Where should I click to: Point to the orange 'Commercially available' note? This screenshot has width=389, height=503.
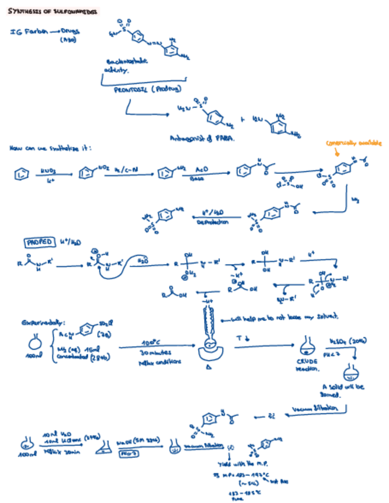pos(353,143)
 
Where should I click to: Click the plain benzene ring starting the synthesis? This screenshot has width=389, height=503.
pos(21,176)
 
